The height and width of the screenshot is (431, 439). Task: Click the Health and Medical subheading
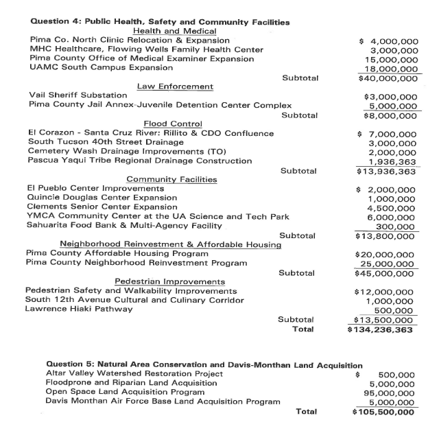175,31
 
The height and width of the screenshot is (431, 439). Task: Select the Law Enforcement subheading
175,86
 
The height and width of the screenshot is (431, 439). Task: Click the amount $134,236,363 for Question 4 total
381,329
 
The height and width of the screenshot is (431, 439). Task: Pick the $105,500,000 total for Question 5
382,412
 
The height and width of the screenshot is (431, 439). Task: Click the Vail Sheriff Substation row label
78,95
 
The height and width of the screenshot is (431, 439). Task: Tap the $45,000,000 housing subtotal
382,272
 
